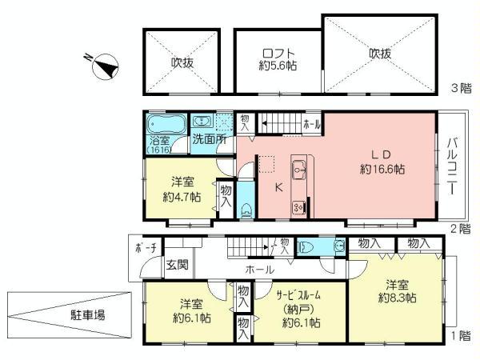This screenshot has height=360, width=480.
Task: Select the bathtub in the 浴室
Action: coord(166,126)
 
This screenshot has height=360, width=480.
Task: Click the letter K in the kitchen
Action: coord(278,188)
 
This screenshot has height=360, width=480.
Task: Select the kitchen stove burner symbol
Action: coord(299,206)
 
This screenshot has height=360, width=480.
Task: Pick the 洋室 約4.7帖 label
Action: coord(183,190)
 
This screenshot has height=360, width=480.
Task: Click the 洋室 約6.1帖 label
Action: coord(191,311)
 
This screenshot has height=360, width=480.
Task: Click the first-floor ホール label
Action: coord(260,270)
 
